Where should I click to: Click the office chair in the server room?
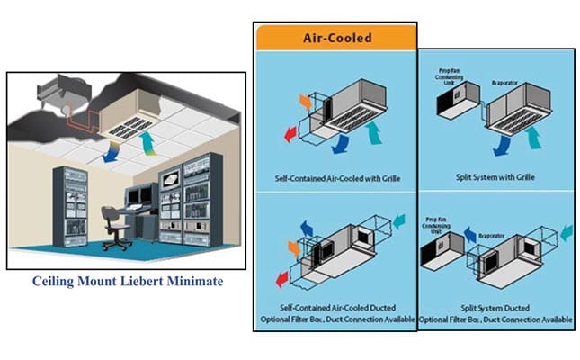114,223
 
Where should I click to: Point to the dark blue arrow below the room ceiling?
110,155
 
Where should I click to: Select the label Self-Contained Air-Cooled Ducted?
333,308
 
